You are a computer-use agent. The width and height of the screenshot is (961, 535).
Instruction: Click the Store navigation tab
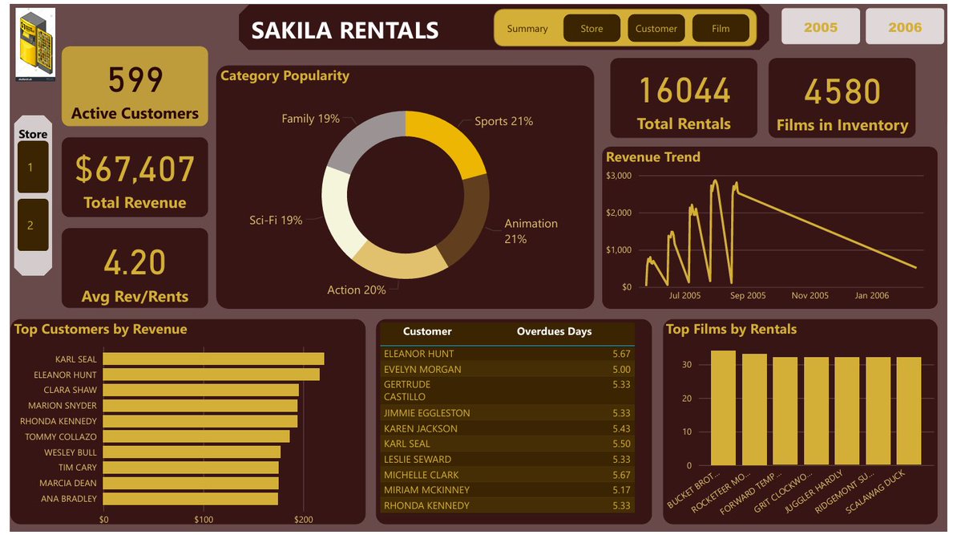pyautogui.click(x=592, y=29)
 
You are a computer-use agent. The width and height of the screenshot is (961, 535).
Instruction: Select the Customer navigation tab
pyautogui.click(x=656, y=29)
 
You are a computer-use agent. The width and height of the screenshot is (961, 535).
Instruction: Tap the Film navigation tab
pyautogui.click(x=721, y=29)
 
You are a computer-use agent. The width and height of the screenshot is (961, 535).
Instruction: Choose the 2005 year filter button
pyautogui.click(x=820, y=27)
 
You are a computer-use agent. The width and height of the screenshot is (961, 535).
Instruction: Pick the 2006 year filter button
pyautogui.click(x=905, y=27)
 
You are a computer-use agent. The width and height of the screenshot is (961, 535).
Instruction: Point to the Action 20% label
pyautogui.click(x=356, y=290)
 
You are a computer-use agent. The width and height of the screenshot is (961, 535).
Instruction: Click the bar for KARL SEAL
pyautogui.click(x=213, y=359)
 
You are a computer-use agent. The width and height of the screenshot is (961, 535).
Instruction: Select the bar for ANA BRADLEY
pyautogui.click(x=190, y=499)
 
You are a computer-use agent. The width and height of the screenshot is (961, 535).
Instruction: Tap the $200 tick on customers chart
pyautogui.click(x=304, y=520)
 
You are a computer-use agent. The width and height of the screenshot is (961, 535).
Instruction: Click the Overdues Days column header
pyautogui.click(x=554, y=331)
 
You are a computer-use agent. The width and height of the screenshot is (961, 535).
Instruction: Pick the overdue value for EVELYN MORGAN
pyautogui.click(x=621, y=370)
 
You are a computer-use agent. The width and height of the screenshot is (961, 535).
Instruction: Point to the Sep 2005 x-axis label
pyautogui.click(x=747, y=296)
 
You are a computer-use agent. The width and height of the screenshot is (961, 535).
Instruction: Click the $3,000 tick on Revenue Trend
pyautogui.click(x=619, y=176)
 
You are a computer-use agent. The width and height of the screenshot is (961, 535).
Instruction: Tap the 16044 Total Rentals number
pyautogui.click(x=684, y=91)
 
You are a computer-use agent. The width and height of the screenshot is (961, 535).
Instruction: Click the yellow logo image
pyautogui.click(x=35, y=44)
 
